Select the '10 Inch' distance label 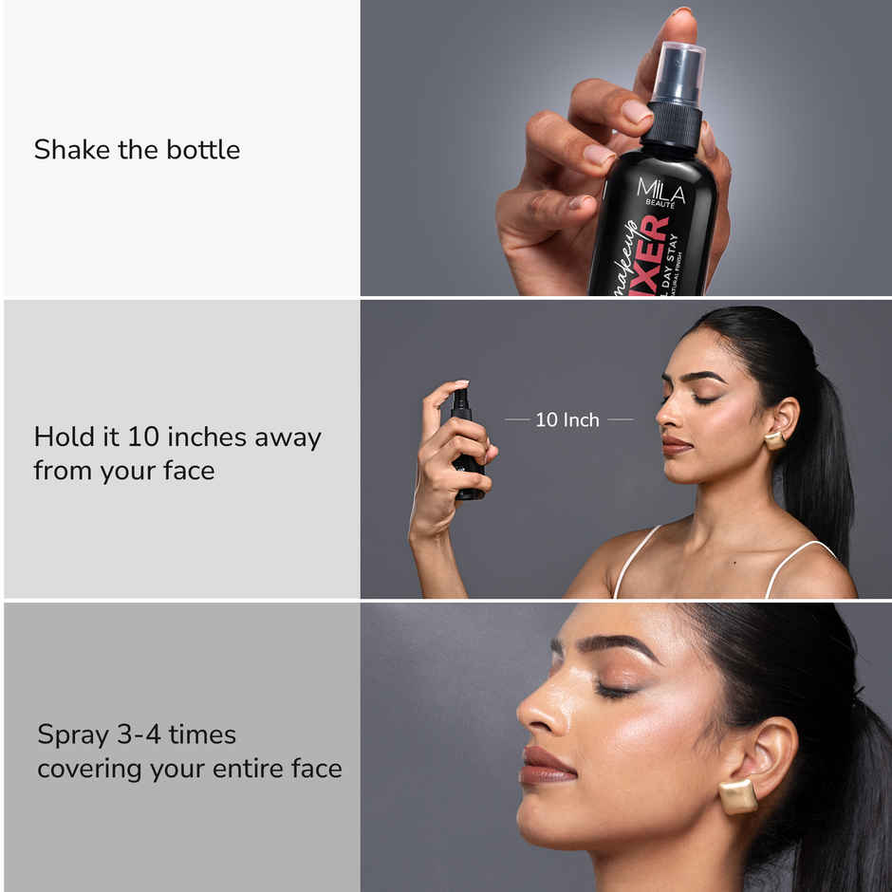pyautogui.click(x=567, y=419)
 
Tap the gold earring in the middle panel pyautogui.click(x=774, y=440)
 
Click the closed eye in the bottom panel pyautogui.click(x=615, y=690)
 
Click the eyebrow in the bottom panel pyautogui.click(x=617, y=648)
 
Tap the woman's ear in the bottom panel pyautogui.click(x=764, y=759)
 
